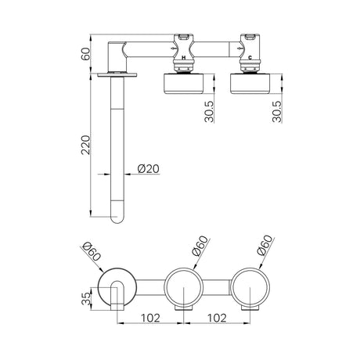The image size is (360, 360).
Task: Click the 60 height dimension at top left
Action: point(85,54)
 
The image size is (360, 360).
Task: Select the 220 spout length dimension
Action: point(85,145)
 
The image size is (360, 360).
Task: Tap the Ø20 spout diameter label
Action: point(148,169)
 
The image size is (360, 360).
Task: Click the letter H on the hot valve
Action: point(184,58)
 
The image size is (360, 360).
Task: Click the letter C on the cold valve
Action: point(250,58)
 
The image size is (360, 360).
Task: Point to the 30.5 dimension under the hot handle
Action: point(209,112)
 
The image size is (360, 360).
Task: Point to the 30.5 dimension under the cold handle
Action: point(277,112)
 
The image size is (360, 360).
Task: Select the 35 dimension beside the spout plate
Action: point(86,298)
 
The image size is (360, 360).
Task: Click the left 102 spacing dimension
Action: point(150,318)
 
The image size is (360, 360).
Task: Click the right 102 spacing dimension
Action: point(217,318)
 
